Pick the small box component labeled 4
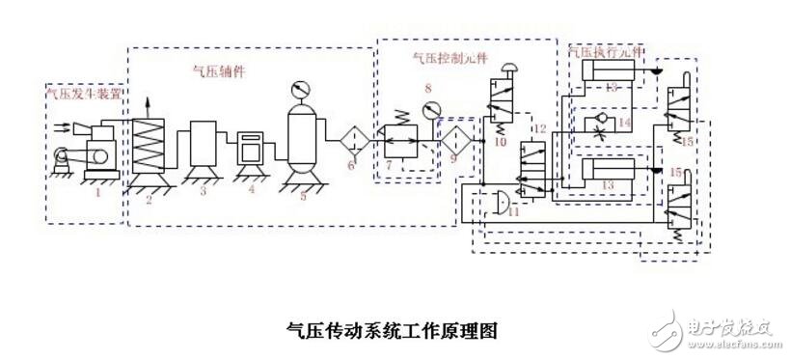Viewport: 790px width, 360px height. tap(253, 149)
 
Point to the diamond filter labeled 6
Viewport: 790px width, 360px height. tap(351, 139)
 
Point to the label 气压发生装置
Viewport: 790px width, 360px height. tap(84, 95)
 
